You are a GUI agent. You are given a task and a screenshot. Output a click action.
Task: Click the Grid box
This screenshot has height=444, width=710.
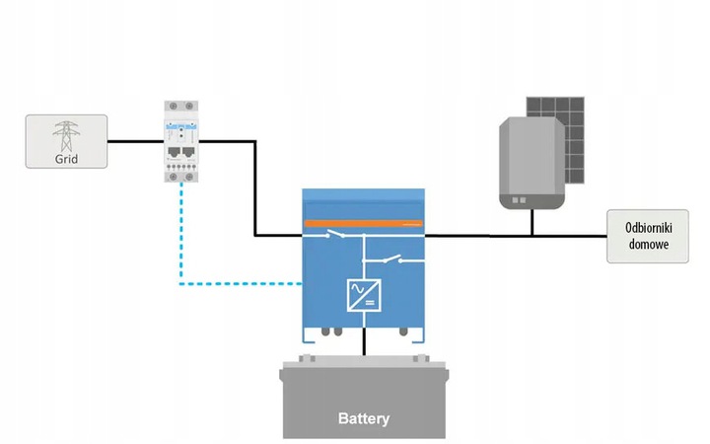click(x=66, y=141)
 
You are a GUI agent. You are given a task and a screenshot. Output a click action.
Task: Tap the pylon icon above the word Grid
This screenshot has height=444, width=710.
click(x=66, y=132)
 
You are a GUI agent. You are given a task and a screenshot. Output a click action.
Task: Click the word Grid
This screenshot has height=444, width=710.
click(x=66, y=156)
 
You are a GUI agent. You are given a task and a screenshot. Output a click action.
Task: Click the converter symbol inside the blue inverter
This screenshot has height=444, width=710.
click(x=364, y=294)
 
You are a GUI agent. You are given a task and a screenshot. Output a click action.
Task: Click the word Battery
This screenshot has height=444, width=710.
click(x=364, y=418)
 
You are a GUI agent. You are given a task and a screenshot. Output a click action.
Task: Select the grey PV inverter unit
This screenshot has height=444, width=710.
click(x=532, y=163)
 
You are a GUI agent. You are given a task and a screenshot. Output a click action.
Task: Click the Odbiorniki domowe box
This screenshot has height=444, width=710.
click(x=647, y=236)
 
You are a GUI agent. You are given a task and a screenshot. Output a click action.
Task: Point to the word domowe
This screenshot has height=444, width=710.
click(x=647, y=245)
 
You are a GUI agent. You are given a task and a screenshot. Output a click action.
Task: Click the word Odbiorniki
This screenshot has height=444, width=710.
click(x=647, y=227)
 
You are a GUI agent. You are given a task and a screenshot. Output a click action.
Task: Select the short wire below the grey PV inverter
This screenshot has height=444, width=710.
click(x=532, y=224)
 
